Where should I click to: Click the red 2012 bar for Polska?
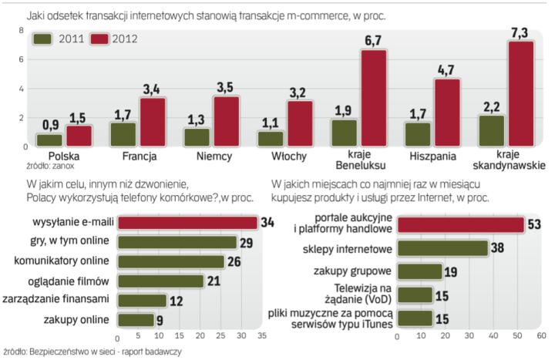79,136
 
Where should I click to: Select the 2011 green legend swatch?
43,39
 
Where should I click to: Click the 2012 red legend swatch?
101,39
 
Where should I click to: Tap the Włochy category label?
290,156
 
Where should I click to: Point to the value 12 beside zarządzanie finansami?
176,300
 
